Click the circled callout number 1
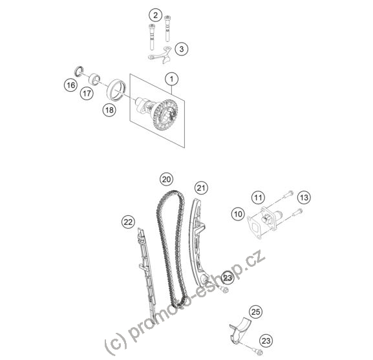(172, 79)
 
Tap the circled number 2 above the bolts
(156, 16)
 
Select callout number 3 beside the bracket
(182, 49)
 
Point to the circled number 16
(71, 85)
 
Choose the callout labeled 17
(87, 93)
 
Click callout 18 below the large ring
(109, 110)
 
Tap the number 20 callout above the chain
(167, 179)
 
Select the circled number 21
(201, 188)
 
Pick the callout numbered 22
(128, 222)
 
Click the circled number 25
(256, 312)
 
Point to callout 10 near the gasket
(238, 214)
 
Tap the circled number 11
(259, 197)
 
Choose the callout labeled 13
(304, 197)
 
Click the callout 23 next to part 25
(266, 341)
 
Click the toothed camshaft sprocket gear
(167, 114)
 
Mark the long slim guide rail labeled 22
(147, 276)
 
